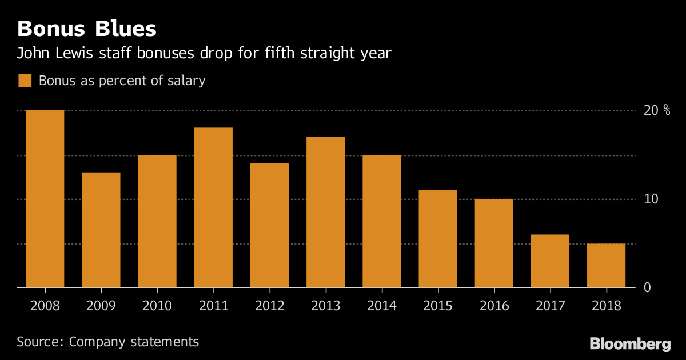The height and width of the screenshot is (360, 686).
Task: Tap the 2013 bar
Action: [325, 212]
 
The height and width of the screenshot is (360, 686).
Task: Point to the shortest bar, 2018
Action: [606, 266]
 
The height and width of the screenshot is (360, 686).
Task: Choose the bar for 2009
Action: [101, 230]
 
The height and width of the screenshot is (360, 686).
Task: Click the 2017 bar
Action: [550, 261]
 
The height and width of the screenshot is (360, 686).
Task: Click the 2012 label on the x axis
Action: [269, 306]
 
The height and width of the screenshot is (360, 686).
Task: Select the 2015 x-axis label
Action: [437, 306]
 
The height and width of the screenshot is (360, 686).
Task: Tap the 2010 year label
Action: [157, 306]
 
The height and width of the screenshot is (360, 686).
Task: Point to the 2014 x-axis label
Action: [381, 306]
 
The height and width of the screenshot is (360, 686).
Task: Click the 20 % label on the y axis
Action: [657, 110]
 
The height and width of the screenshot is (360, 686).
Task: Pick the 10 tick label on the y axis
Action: [651, 199]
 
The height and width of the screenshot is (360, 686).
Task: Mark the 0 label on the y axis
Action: [648, 287]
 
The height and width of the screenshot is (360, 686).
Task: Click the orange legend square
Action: [25, 81]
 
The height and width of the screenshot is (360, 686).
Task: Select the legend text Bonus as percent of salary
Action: [122, 81]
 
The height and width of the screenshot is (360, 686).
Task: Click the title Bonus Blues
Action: [87, 29]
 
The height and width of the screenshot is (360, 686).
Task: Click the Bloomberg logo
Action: [630, 344]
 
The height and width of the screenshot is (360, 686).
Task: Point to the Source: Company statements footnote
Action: [108, 342]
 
